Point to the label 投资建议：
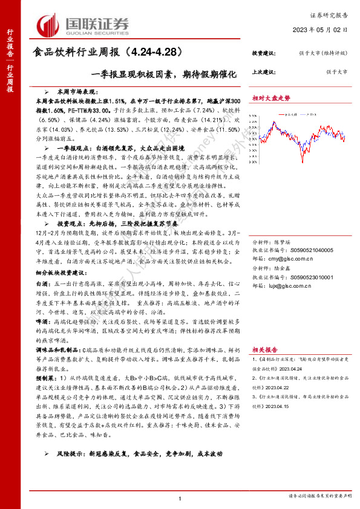tap(264, 54)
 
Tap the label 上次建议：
tap(264, 71)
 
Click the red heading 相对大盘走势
tap(271, 97)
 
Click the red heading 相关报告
tap(265, 349)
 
